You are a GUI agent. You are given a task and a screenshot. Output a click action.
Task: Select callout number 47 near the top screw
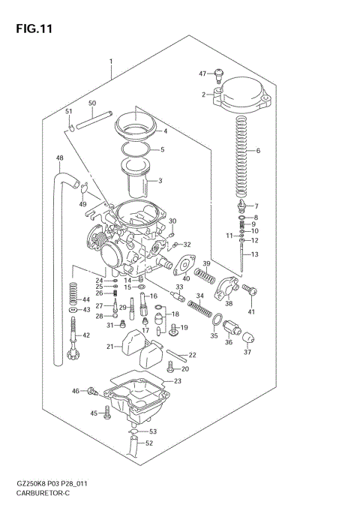(202, 73)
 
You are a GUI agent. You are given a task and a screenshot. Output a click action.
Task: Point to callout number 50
(91, 103)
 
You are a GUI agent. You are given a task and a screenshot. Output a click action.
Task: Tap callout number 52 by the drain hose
(149, 443)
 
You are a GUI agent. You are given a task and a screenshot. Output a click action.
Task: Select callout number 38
(229, 304)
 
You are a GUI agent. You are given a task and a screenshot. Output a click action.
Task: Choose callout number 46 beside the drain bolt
(75, 391)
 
